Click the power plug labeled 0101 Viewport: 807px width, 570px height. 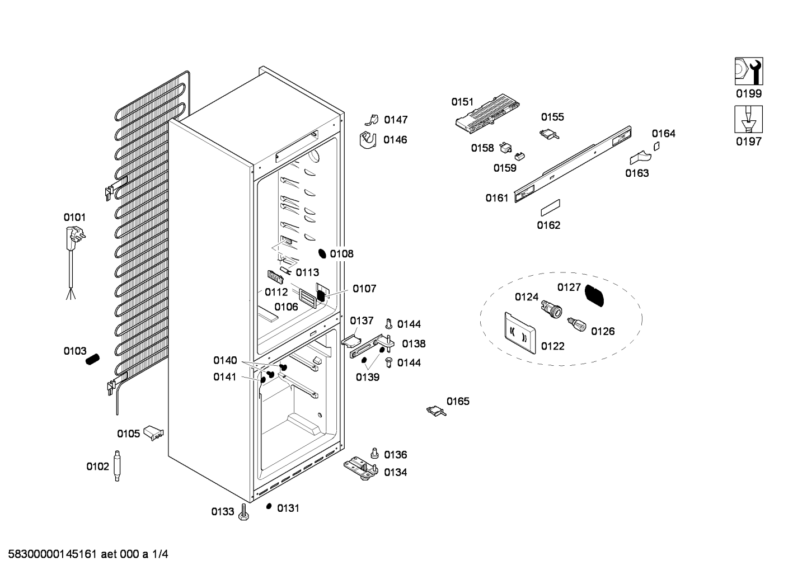(x=75, y=239)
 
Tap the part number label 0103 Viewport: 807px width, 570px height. (x=75, y=351)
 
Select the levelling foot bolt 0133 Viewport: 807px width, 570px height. (x=243, y=512)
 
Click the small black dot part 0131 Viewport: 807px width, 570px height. (x=269, y=506)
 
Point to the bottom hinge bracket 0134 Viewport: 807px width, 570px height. (x=360, y=469)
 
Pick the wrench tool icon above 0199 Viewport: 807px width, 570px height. (x=749, y=71)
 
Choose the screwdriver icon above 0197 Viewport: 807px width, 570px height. (x=749, y=119)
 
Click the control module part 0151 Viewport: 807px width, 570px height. (x=487, y=114)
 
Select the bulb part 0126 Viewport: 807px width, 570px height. (x=577, y=325)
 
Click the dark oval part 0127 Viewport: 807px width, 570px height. (x=594, y=295)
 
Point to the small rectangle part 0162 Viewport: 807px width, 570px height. (x=550, y=208)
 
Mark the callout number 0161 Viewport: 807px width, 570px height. (x=496, y=197)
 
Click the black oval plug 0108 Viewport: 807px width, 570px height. (x=322, y=253)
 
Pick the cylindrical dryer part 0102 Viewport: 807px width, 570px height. (x=117, y=465)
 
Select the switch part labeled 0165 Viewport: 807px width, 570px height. (x=437, y=411)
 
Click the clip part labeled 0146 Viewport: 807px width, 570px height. (x=368, y=140)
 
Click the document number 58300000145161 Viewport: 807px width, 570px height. (x=52, y=554)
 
